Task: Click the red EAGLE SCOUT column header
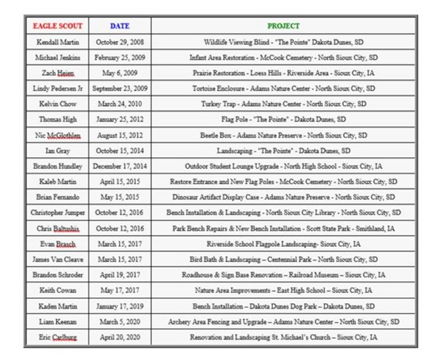[58, 26]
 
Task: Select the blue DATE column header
[120, 26]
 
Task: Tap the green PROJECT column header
[284, 26]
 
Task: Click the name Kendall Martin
[58, 43]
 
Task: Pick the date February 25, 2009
[120, 58]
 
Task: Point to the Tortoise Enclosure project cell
[284, 89]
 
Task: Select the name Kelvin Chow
[58, 104]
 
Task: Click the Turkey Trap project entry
[284, 104]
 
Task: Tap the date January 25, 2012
[120, 120]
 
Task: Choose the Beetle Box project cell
[284, 135]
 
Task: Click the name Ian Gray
[58, 151]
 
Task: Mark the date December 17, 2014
[120, 167]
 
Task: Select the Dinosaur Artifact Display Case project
[284, 197]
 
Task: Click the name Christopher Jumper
[58, 213]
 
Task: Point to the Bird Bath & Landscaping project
[284, 260]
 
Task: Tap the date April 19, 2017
[120, 275]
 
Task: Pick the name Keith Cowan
[58, 291]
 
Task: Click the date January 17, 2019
[120, 307]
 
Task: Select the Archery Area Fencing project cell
[284, 322]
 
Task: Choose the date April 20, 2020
[120, 337]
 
